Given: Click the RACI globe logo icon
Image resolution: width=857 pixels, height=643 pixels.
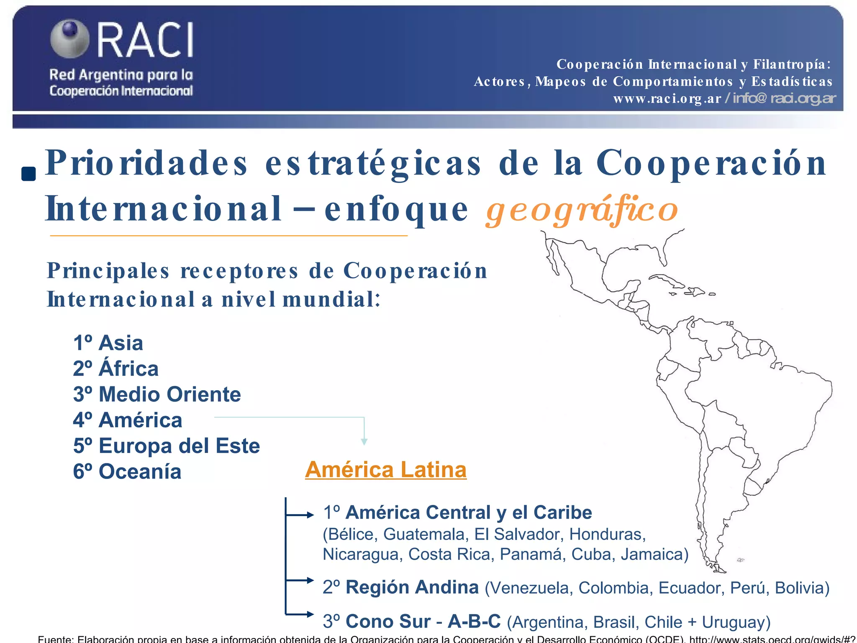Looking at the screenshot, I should pos(69,39).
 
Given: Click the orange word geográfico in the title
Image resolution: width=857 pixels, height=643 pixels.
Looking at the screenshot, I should pos(582,210).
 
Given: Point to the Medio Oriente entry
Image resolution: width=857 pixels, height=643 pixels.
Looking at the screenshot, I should pos(157,394).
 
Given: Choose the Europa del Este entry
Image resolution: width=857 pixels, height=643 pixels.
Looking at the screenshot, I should pos(166,446).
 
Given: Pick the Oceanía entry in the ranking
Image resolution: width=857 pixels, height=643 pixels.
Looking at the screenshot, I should pos(127,472).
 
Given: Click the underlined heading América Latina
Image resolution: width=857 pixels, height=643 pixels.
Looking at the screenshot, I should pos(385,470).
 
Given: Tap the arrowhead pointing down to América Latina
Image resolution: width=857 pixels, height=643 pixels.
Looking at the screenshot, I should pos(364,441).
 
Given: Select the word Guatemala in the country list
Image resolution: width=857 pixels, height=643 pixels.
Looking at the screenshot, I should pos(423,534).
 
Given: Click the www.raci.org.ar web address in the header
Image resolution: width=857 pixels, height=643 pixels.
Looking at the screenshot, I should pos(667,99).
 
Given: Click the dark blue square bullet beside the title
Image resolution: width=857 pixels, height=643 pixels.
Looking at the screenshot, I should pos(28,174).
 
